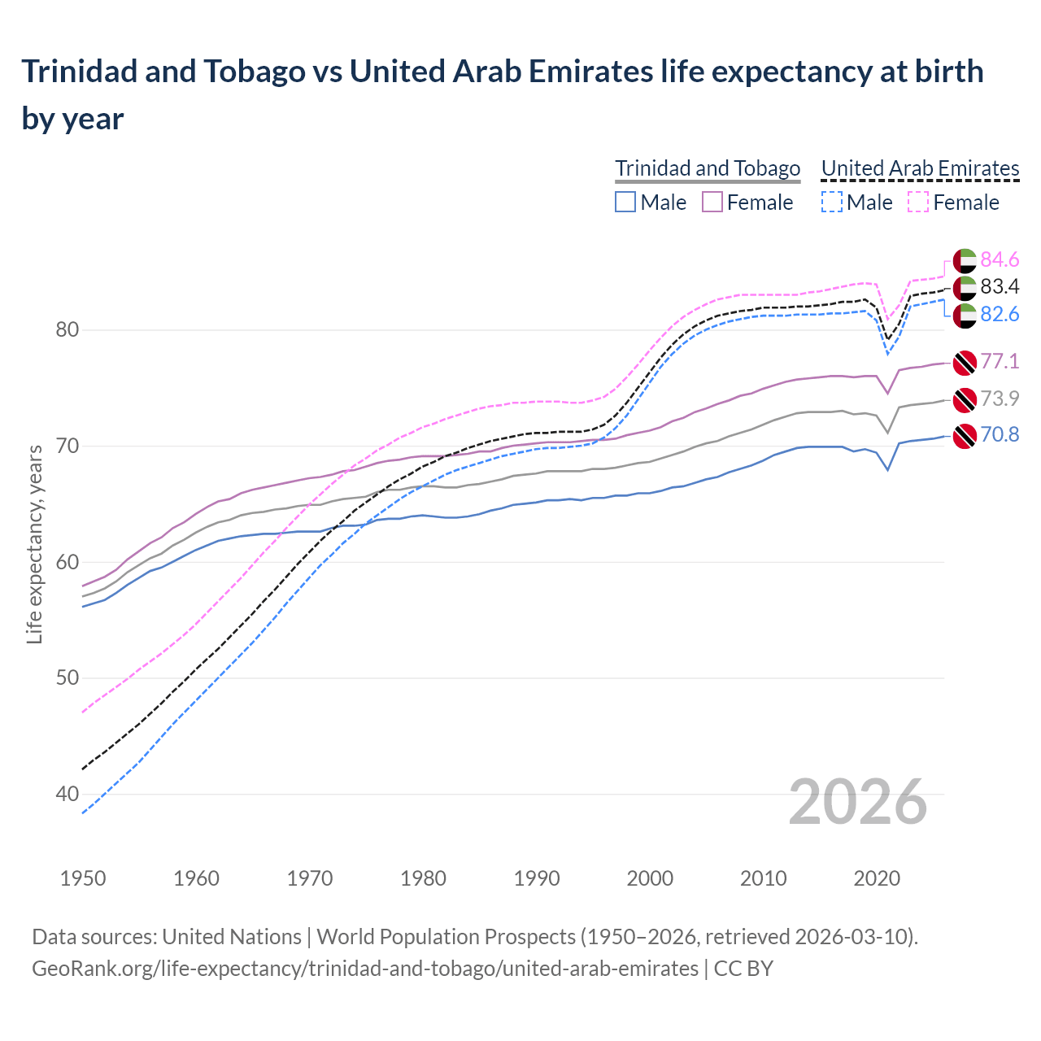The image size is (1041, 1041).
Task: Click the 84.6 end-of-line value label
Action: point(1000,259)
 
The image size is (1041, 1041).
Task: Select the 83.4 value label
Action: point(1000,286)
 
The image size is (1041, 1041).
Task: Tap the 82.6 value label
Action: point(1000,314)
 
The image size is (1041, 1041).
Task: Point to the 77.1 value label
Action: point(1000,361)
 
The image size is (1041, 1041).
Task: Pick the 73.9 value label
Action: point(1000,399)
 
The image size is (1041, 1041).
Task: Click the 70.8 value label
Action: point(1000,435)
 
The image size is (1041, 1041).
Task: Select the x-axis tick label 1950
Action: point(84,878)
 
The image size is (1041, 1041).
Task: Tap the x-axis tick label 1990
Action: point(537,878)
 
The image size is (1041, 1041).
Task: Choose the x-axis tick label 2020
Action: point(877,878)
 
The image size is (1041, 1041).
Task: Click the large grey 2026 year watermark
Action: point(857,802)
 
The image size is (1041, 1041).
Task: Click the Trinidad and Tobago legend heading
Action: point(708,168)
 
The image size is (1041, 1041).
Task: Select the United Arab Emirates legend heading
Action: point(920,168)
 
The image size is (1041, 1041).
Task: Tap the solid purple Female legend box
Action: point(712,202)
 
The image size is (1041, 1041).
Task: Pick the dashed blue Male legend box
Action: point(832,202)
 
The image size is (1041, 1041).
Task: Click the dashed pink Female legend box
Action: point(918,202)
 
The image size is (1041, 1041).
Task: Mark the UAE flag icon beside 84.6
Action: point(965,260)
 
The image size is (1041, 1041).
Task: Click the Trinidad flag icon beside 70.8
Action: point(965,436)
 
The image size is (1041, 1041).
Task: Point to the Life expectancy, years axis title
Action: point(35,544)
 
